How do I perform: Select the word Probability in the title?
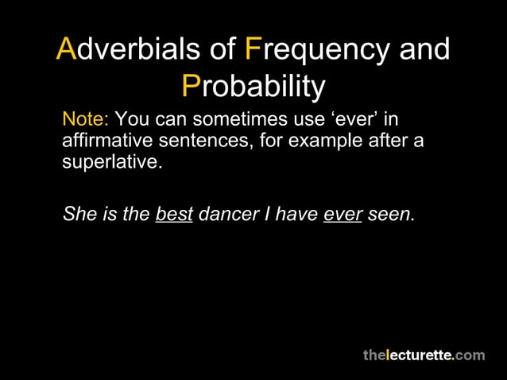[253, 86]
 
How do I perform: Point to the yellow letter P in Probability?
[190, 86]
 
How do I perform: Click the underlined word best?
[174, 215]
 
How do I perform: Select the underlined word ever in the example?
[343, 215]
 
